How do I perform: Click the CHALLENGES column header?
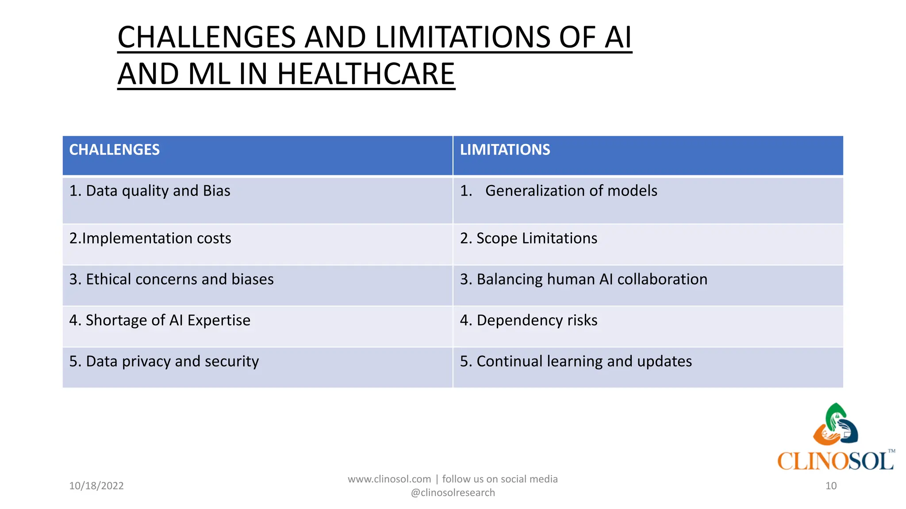click(115, 150)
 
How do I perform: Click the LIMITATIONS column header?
click(505, 150)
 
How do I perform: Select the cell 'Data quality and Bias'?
click(150, 191)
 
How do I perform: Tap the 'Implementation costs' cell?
click(150, 239)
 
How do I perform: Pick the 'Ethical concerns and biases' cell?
click(172, 279)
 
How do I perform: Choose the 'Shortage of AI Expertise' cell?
click(160, 320)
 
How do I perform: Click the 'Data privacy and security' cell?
click(164, 361)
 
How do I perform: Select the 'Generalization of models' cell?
click(571, 191)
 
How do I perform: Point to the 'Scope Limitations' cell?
click(529, 239)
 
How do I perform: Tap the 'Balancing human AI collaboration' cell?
click(584, 279)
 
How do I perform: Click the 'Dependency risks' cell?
click(529, 320)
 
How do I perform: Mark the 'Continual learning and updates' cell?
click(576, 361)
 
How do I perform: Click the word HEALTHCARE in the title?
click(366, 74)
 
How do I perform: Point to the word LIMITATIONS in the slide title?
click(462, 37)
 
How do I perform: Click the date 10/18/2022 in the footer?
click(96, 486)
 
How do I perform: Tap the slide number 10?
click(831, 486)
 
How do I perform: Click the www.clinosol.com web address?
click(389, 479)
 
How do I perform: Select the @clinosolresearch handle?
click(453, 493)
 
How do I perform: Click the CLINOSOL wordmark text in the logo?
click(836, 461)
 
